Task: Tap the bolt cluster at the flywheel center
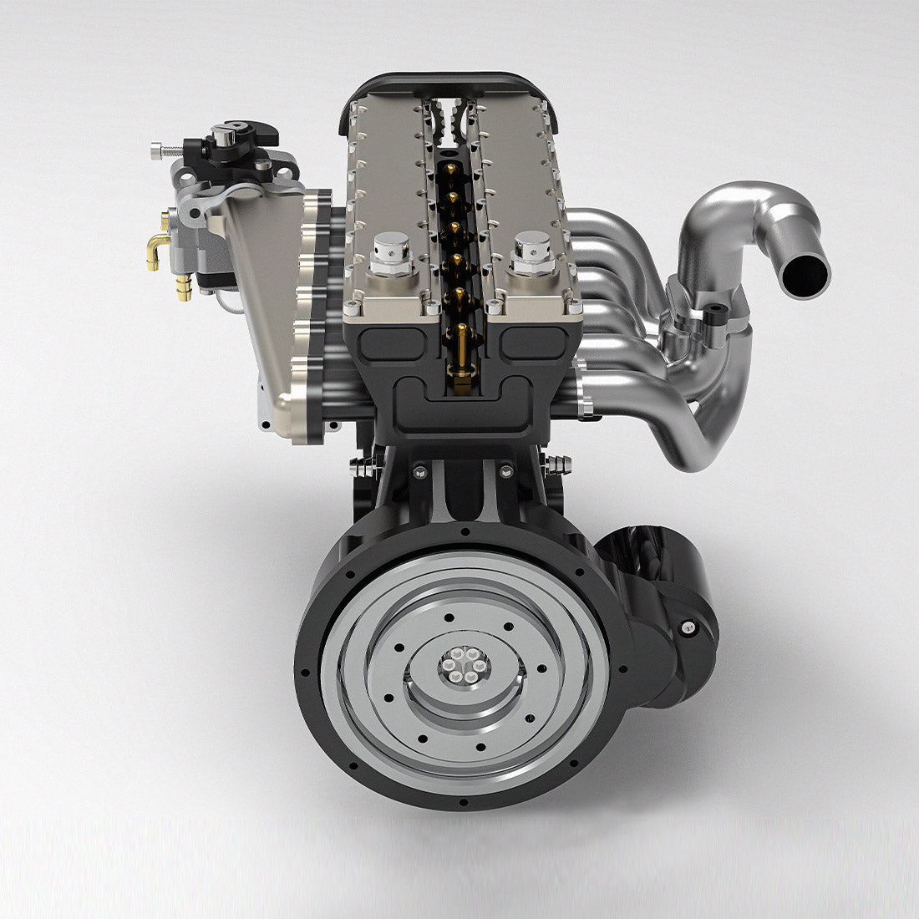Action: point(465,665)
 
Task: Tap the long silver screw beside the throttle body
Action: point(167,151)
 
